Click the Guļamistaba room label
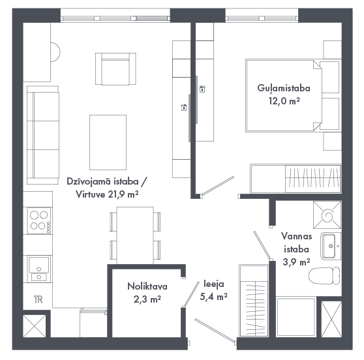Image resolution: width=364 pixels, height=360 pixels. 284,89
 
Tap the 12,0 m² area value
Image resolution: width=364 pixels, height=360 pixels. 284,101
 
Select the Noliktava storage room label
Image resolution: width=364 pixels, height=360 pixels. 147,286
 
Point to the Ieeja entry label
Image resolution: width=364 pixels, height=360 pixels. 214,284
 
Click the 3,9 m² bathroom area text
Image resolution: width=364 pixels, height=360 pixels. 296,262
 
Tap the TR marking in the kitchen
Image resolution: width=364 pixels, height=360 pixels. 38,299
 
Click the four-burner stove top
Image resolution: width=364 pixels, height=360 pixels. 39,220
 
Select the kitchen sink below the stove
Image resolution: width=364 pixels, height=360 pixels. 39,269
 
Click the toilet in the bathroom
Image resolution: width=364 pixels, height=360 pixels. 324,276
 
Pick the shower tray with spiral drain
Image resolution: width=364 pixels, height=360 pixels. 327,215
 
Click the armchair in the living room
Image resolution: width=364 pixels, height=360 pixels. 115,68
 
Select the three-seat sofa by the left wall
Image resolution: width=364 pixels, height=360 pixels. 42,135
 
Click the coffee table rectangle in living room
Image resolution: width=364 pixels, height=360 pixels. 108,142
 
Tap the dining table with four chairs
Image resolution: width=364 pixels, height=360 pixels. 135,235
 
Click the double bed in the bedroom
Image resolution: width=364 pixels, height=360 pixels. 284,95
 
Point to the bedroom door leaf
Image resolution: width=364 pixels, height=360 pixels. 218,185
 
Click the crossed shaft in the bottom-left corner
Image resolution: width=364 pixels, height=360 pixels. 35,326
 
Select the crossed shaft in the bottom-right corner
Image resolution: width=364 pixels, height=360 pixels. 331,319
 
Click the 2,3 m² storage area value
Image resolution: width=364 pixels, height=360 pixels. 147,299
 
